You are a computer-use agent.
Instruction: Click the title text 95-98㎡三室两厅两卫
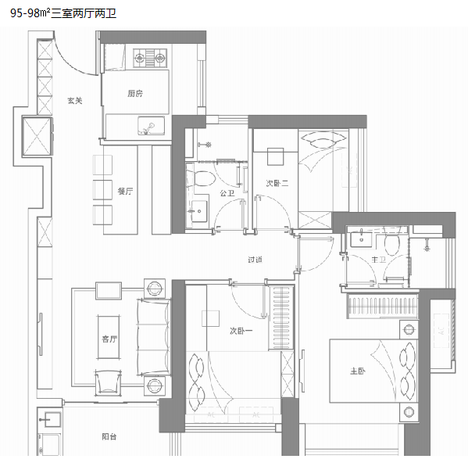[63, 13]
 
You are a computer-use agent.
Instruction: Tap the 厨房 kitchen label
[135, 94]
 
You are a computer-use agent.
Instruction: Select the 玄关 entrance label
[75, 101]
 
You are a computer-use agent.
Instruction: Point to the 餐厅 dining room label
[125, 191]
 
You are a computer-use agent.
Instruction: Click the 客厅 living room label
[109, 339]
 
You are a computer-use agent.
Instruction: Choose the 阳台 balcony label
[109, 436]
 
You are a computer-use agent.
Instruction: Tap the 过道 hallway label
[255, 260]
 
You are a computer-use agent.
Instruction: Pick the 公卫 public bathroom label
[227, 193]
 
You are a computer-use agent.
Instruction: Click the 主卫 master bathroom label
[378, 260]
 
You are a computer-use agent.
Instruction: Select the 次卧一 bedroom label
[241, 331]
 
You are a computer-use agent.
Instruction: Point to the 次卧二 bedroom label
[277, 183]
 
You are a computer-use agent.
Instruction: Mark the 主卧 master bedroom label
[358, 371]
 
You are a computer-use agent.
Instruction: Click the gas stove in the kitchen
[150, 58]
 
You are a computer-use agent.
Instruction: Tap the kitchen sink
[151, 126]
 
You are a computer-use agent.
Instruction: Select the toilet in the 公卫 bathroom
[201, 178]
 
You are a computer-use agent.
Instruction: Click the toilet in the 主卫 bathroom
[391, 242]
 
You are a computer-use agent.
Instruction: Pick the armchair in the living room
[108, 382]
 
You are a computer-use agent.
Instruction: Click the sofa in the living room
[154, 337]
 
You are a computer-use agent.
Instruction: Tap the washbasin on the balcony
[51, 420]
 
